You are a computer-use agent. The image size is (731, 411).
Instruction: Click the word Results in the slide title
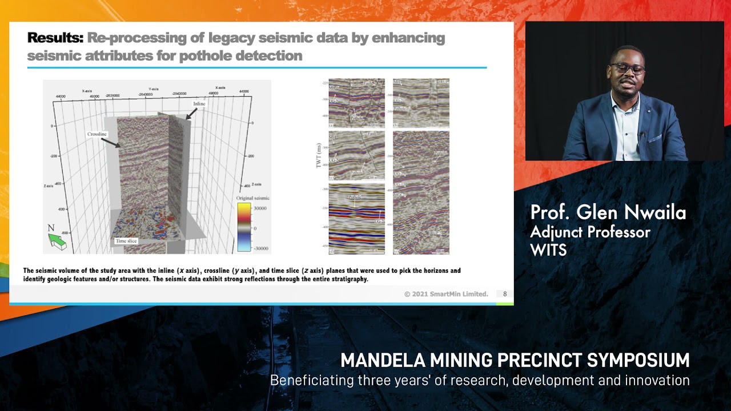[55, 38]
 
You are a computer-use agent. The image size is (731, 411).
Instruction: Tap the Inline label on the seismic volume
[199, 104]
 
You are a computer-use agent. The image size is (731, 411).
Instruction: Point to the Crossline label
[97, 134]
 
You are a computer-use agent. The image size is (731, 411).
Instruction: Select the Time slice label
[126, 241]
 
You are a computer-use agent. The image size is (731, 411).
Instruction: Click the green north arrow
[57, 241]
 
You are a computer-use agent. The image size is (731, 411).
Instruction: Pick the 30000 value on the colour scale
[260, 208]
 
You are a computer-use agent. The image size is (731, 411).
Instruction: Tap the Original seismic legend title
[253, 198]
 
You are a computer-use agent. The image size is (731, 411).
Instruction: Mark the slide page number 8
[505, 294]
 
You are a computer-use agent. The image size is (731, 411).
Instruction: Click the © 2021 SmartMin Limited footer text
[446, 294]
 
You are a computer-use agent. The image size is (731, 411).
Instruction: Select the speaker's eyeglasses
[627, 69]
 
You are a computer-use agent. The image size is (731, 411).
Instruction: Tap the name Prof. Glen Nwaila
[608, 213]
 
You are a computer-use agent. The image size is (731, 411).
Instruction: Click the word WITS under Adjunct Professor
[548, 249]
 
